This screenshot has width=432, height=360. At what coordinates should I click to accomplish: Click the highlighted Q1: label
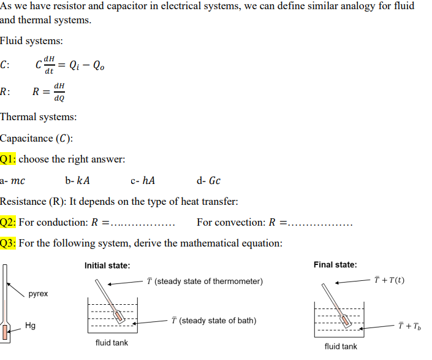pyautogui.click(x=8, y=159)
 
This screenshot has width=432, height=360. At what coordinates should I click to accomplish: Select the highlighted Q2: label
pyautogui.click(x=8, y=222)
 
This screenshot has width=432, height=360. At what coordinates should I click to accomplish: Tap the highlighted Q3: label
pyautogui.click(x=8, y=243)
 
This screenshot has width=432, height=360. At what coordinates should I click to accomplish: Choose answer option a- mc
pyautogui.click(x=12, y=180)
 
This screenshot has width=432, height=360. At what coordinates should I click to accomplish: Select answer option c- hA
pyautogui.click(x=143, y=180)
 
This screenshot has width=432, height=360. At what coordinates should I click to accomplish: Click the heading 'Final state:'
pyautogui.click(x=335, y=265)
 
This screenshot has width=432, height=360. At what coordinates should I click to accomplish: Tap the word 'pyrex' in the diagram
pyautogui.click(x=38, y=294)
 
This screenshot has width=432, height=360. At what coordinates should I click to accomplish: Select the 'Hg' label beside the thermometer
pyautogui.click(x=31, y=326)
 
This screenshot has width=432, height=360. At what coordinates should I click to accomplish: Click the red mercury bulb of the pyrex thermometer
pyautogui.click(x=6, y=332)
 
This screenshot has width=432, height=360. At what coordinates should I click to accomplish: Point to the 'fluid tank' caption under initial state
pyautogui.click(x=112, y=343)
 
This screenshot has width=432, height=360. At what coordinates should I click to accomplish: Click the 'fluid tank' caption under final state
pyautogui.click(x=341, y=347)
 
